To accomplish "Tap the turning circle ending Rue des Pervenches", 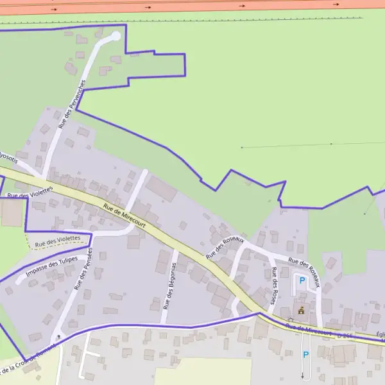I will pyautogui.click(x=116, y=36).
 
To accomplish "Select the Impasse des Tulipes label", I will pyautogui.click(x=51, y=268).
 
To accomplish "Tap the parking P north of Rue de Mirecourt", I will pyautogui.click(x=301, y=279).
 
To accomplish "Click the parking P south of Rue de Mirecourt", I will pyautogui.click(x=305, y=354).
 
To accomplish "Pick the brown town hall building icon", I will pyautogui.click(x=301, y=310).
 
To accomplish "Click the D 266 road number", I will pyautogui.click(x=345, y=336).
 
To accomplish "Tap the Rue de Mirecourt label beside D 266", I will pyautogui.click(x=310, y=330).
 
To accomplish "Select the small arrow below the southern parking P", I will pyautogui.click(x=303, y=375).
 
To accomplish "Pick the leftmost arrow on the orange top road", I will pyautogui.click(x=55, y=10).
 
